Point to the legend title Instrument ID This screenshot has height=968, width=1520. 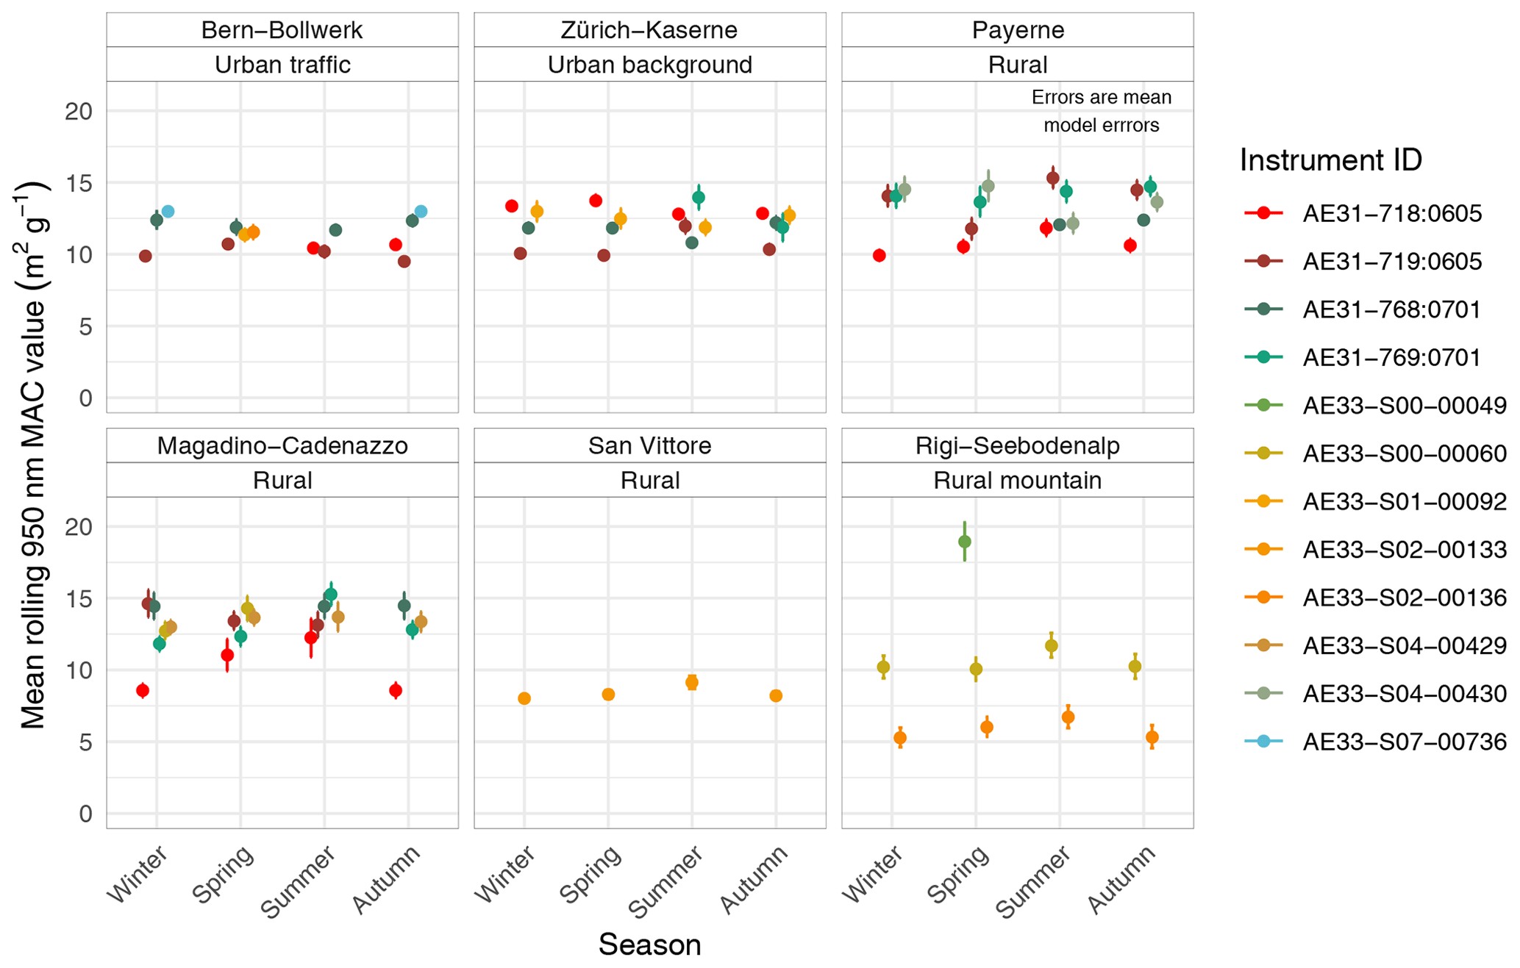pos(1330,159)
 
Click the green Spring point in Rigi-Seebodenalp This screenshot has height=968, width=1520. pos(965,542)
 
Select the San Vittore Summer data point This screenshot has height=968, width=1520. pos(692,682)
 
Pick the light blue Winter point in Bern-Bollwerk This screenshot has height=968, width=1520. pos(168,212)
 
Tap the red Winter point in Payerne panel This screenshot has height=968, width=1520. pos(879,256)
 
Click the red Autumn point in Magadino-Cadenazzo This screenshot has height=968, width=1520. pos(396,690)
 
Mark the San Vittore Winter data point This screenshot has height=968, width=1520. pos(524,698)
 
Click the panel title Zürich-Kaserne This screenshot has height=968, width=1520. pos(649,30)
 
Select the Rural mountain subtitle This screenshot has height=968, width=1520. pos(1017,480)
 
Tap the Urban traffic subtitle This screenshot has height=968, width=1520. pos(282,65)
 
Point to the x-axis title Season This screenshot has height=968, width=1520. pos(649,944)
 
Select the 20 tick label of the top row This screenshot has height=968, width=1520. pos(79,111)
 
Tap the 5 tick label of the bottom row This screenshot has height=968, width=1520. pos(86,742)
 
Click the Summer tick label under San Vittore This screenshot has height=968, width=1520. pos(666,881)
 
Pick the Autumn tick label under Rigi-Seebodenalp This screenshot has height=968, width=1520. pos(1122,878)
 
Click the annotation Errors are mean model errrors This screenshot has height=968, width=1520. pos(1101,111)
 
